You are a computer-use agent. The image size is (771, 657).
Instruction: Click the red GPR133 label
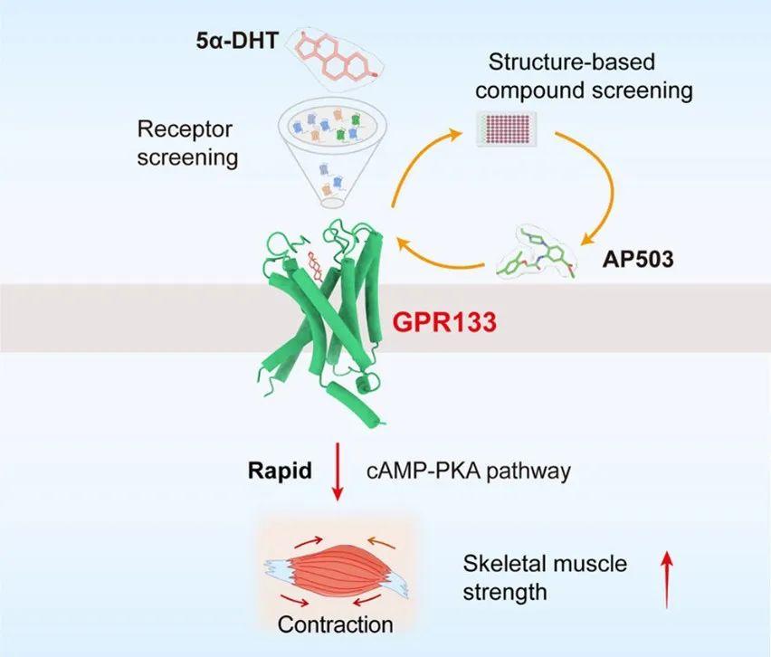(444, 322)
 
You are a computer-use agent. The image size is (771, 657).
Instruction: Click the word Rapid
(280, 471)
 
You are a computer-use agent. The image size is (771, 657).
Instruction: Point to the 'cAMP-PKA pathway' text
(469, 471)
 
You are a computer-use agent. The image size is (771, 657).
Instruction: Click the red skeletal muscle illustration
(337, 573)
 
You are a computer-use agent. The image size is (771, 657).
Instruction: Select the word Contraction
(336, 624)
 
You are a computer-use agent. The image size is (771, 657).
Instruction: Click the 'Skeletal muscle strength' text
(545, 577)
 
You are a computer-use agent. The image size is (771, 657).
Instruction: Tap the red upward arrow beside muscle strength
(666, 580)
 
